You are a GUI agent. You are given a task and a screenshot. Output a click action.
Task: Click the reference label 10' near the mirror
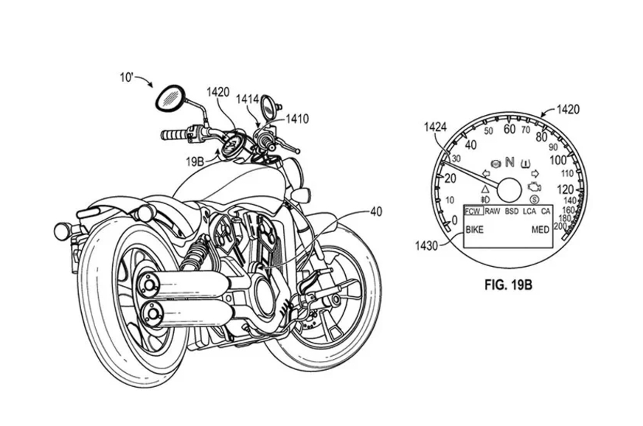128,77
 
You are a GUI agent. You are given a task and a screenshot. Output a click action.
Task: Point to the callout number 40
375,212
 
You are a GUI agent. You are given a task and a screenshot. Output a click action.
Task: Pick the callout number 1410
297,117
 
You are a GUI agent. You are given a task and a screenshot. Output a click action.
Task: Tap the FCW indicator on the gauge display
473,212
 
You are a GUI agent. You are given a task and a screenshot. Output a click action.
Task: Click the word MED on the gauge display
541,231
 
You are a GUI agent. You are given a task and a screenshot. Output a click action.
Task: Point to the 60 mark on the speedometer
508,128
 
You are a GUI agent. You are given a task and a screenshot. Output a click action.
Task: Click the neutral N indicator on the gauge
509,161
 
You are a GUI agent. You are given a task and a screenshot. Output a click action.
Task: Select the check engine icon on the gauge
534,181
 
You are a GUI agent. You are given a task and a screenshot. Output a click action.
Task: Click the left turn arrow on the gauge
485,174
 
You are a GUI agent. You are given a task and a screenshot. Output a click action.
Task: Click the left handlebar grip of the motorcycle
175,136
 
